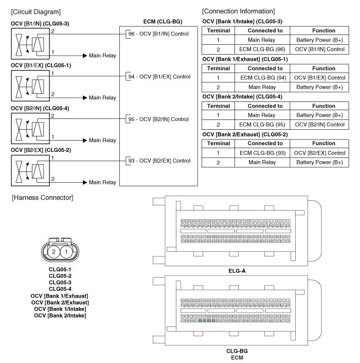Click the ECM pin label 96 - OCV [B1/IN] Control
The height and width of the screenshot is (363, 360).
coord(157,34)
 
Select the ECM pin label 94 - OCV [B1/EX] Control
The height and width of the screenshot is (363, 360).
coord(157,77)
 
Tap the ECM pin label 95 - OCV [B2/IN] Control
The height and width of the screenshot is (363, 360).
coord(157,119)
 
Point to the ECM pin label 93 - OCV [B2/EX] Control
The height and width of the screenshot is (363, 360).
coord(157,161)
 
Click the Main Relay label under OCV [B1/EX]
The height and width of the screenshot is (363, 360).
coord(102,97)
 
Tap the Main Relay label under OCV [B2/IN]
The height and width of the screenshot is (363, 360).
coord(102,140)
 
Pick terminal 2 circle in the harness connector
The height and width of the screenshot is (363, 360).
coord(54,252)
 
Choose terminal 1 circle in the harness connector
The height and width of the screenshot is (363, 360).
coord(67,252)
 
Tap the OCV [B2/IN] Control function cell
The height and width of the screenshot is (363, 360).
coord(320,125)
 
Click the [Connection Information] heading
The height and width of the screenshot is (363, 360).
coord(238,11)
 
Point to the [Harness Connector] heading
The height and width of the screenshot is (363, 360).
coord(42,198)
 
